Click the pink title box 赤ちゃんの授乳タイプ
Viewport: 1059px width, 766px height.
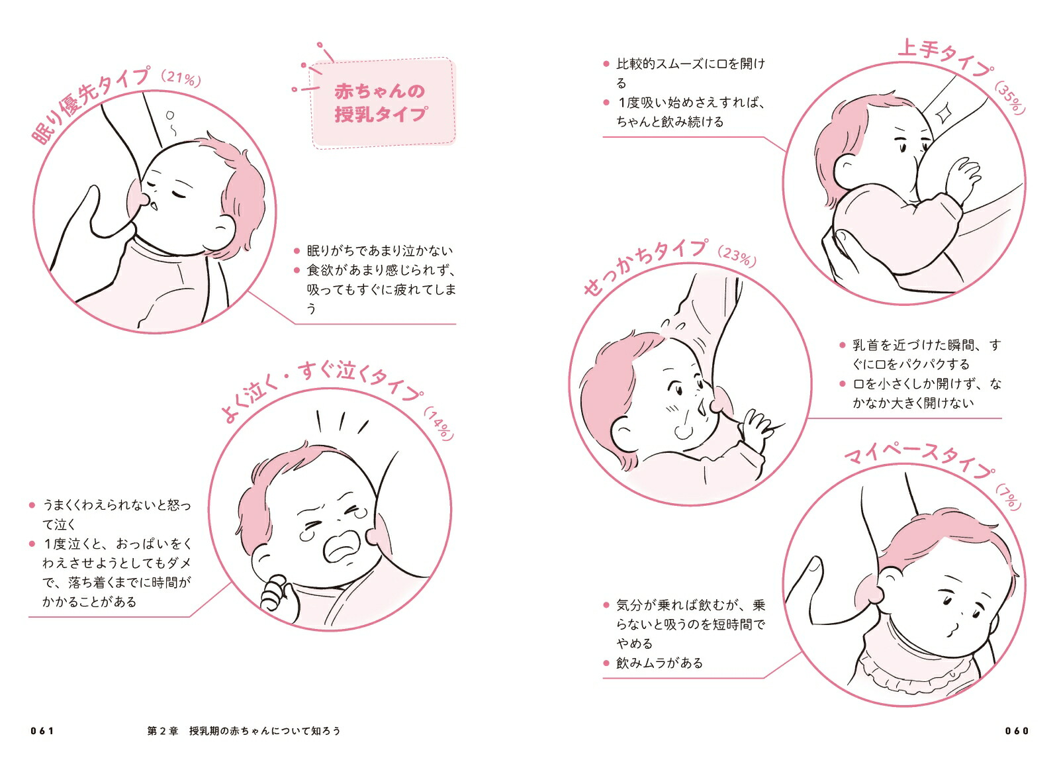point(383,103)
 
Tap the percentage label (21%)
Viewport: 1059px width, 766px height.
point(181,79)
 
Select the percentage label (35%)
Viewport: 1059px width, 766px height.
point(1010,99)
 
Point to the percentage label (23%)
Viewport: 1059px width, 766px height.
point(737,257)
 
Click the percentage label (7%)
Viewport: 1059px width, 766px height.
point(1009,497)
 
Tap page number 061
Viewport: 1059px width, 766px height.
point(42,731)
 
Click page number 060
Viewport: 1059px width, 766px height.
point(1017,731)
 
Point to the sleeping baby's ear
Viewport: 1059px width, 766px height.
point(223,228)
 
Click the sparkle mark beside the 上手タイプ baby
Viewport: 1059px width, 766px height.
point(943,114)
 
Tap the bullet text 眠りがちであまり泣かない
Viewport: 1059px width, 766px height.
point(380,251)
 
